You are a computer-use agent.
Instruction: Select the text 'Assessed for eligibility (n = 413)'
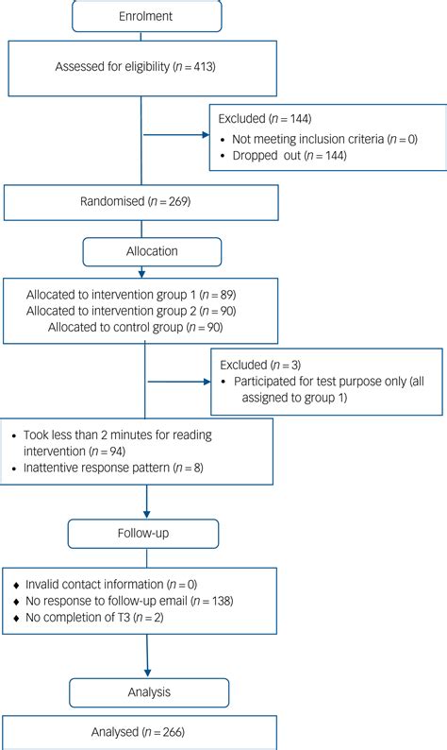tap(141, 67)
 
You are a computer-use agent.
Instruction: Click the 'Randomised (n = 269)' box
tap(141, 201)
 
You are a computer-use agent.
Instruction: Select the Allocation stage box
tap(153, 251)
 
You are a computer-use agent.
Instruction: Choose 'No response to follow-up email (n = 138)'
tap(129, 601)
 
